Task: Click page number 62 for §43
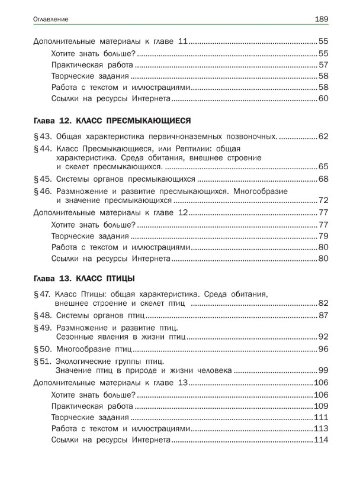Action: (x=323, y=137)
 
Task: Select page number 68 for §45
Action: (x=323, y=179)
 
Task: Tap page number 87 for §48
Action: (x=323, y=315)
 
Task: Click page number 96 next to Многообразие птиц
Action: (x=323, y=349)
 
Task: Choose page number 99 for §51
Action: (x=323, y=371)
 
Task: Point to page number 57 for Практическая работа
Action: (x=323, y=64)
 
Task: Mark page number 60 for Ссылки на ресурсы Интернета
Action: (x=323, y=98)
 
